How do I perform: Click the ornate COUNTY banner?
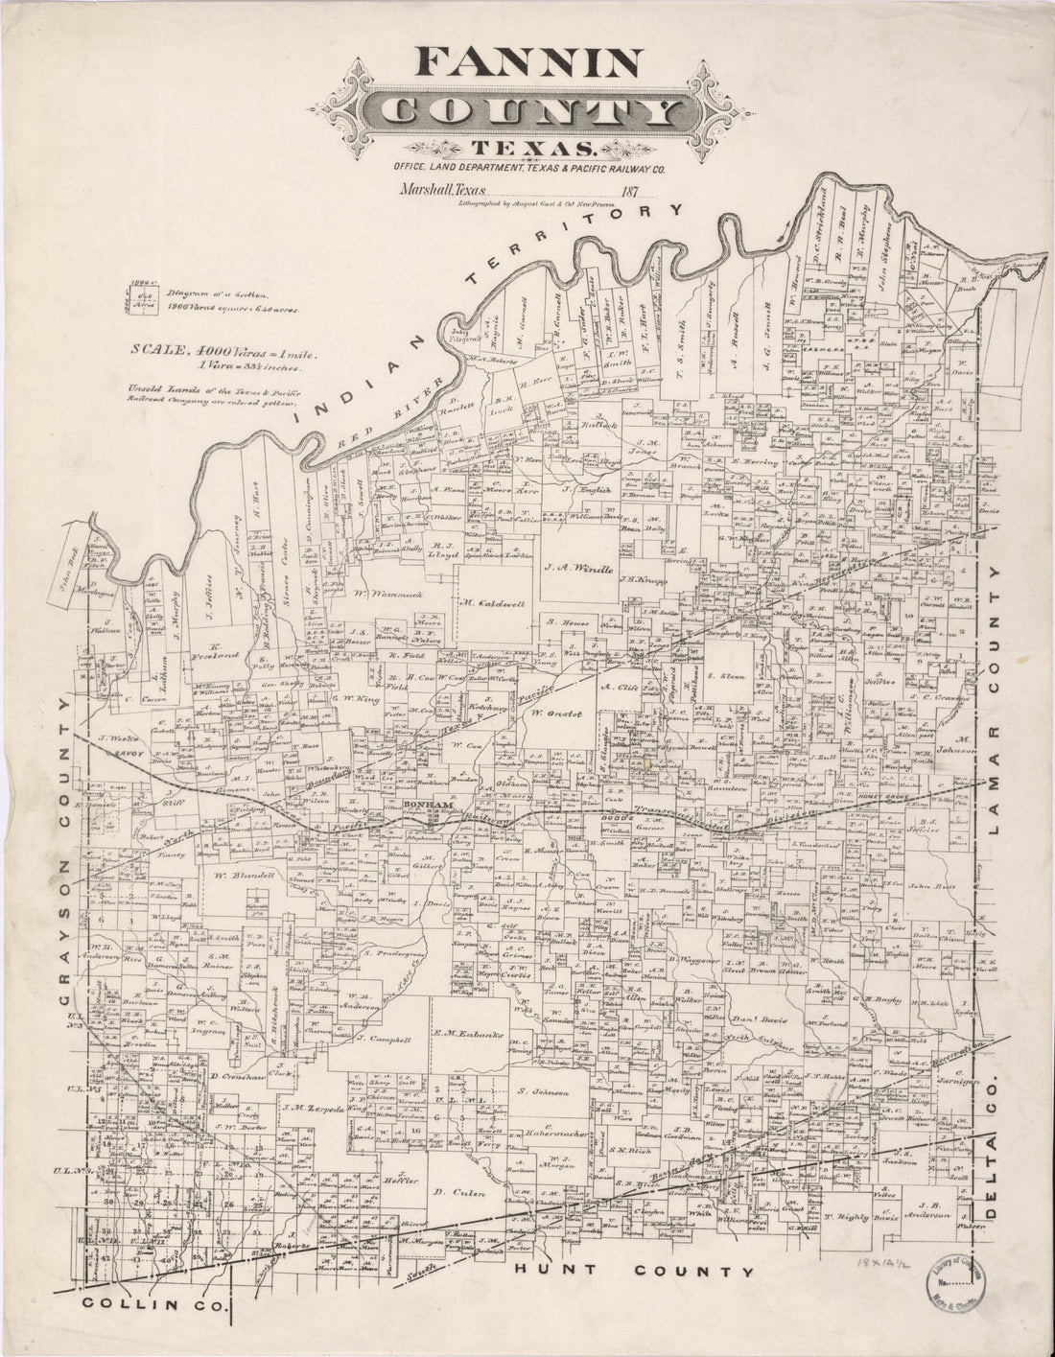point(528,113)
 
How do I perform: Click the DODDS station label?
point(586,816)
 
